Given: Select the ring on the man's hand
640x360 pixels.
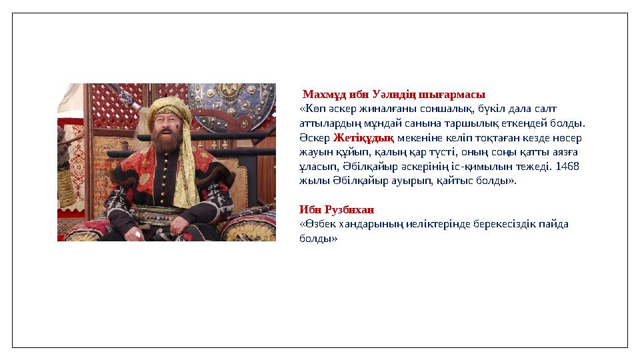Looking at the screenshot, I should pos(139,234).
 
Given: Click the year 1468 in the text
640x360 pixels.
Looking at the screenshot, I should pos(566,166).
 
